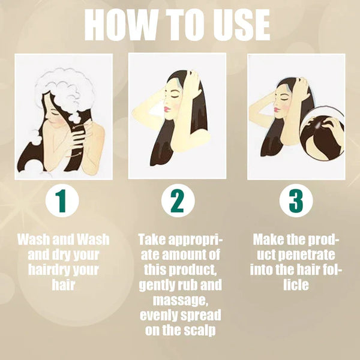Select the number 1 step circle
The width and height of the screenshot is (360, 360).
62,200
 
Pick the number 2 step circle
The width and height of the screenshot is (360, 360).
178,200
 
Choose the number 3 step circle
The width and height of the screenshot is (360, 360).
296,200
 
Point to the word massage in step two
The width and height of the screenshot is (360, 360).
181,300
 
